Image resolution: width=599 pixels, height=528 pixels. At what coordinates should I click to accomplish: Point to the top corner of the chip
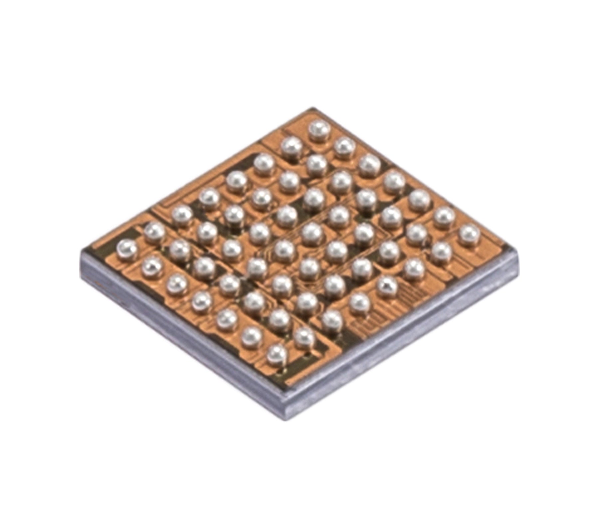coord(312,108)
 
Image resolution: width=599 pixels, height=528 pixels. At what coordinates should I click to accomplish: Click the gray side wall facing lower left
coord(180,336)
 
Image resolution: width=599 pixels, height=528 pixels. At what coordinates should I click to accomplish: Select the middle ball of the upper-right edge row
coord(395,182)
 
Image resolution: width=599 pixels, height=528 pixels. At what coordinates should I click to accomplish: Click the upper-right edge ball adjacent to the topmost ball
coord(344,147)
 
